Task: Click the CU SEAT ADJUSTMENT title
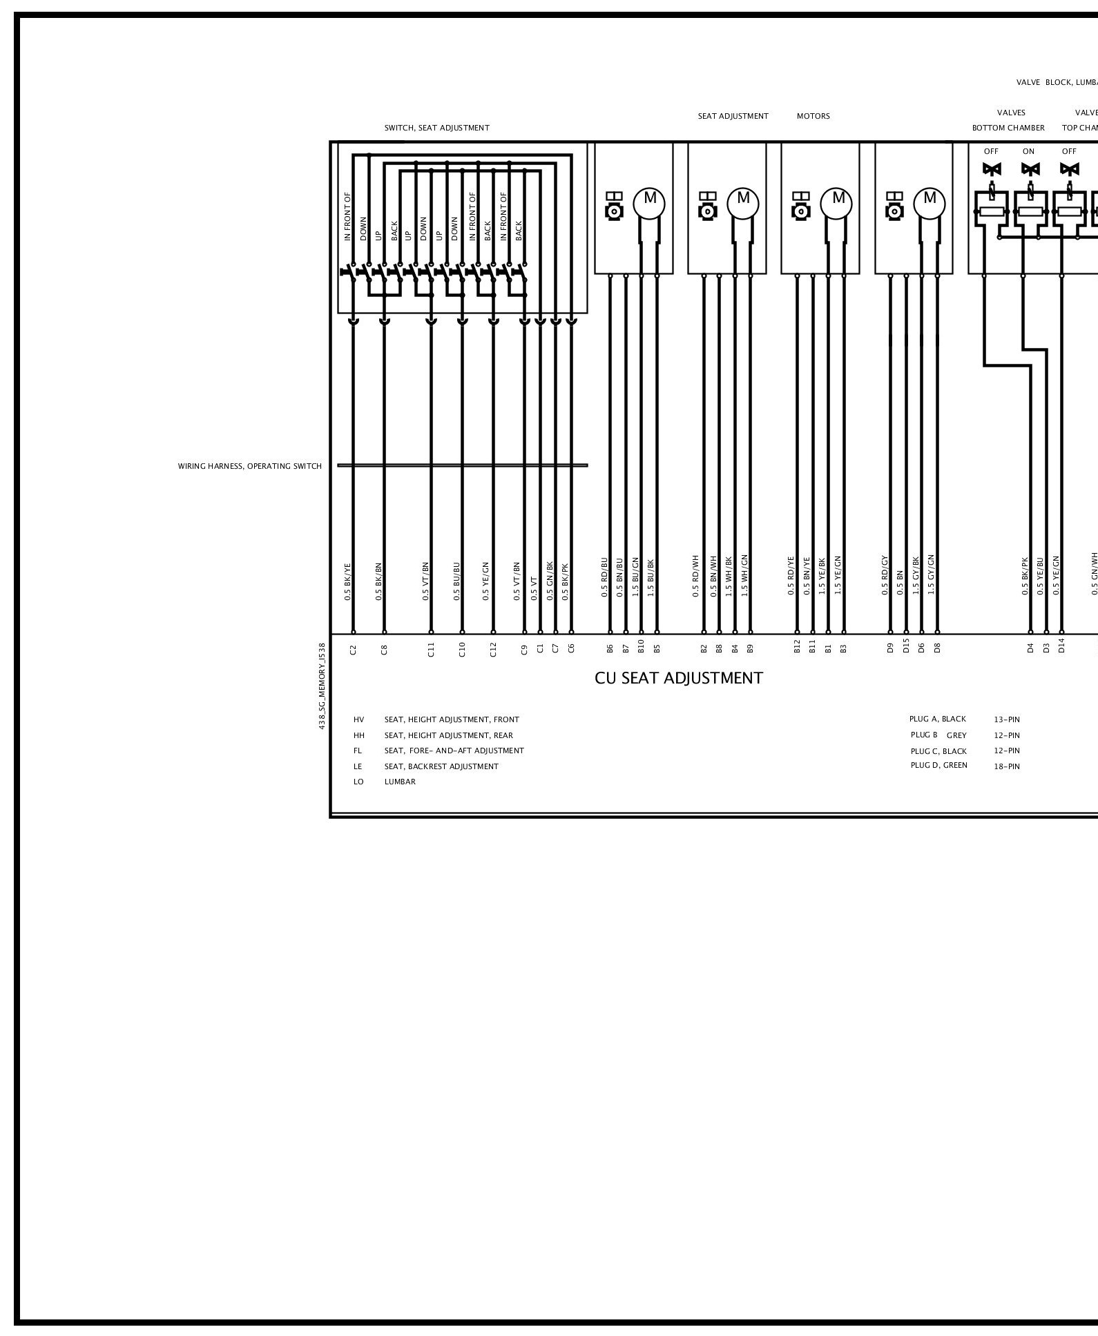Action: click(679, 678)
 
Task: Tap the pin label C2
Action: click(353, 649)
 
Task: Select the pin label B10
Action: click(641, 647)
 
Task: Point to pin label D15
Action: click(906, 648)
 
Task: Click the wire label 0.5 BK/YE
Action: click(348, 583)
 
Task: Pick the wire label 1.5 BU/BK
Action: click(651, 578)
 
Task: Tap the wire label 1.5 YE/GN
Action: click(837, 576)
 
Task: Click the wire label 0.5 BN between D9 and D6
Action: click(900, 583)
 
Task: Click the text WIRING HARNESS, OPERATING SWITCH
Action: click(250, 466)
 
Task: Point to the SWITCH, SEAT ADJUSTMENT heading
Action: click(436, 128)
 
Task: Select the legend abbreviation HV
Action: click(358, 719)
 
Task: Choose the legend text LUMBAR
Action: click(400, 782)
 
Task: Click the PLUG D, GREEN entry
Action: click(938, 765)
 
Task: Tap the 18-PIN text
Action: click(1006, 766)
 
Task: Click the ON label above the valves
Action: click(1028, 151)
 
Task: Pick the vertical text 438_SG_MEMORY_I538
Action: click(322, 686)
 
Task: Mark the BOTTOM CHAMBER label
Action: click(1008, 128)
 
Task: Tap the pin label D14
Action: click(1061, 647)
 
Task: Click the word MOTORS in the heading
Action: click(813, 116)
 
